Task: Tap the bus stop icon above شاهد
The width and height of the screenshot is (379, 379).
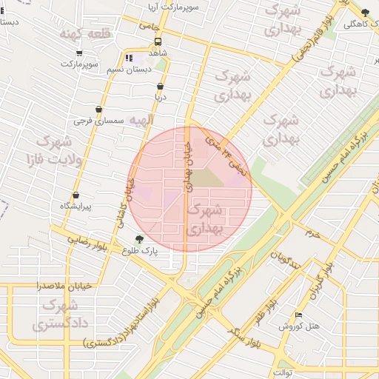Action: point(158,41)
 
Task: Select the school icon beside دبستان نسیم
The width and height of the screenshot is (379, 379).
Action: point(130,58)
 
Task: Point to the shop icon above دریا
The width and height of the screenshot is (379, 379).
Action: point(160,86)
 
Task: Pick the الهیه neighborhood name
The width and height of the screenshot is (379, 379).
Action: point(141,119)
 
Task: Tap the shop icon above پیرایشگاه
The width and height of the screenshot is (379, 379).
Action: point(76,196)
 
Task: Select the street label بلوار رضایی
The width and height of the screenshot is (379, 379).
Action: point(89,239)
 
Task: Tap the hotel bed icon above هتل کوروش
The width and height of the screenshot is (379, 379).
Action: point(298,315)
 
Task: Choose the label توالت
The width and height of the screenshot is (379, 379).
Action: point(284,372)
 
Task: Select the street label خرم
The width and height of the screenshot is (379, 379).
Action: point(313,234)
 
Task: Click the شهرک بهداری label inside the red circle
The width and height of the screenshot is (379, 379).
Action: point(205,219)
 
